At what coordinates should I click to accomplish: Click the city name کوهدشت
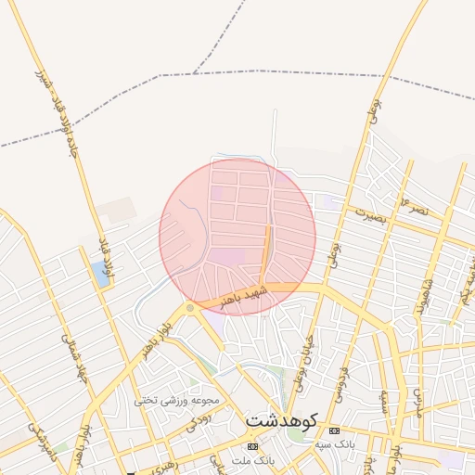coord(281,420)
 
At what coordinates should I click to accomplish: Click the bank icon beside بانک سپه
coord(334,431)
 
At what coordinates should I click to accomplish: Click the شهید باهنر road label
coord(244,296)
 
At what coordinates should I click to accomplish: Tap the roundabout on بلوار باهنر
coord(190,307)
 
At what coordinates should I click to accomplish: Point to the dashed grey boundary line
coord(278,71)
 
